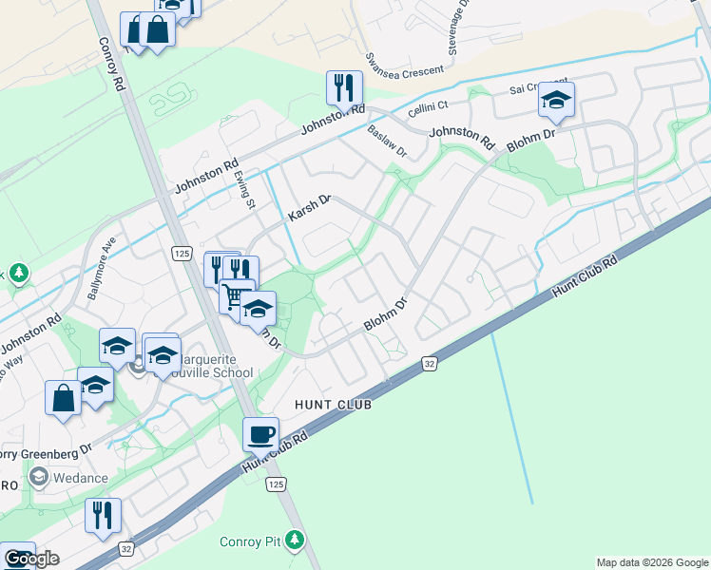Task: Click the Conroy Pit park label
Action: (x=252, y=541)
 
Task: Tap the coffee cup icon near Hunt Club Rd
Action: (x=261, y=435)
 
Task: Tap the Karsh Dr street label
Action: (x=309, y=209)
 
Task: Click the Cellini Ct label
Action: (x=428, y=106)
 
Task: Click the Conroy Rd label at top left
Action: (x=111, y=65)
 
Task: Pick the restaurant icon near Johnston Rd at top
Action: (x=344, y=88)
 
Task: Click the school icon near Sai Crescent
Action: (x=556, y=99)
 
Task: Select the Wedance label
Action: (x=81, y=477)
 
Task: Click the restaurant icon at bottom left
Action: (x=103, y=515)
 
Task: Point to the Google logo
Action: (x=31, y=559)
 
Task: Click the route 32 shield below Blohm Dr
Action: (x=429, y=363)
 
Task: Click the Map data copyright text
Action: (x=651, y=562)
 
